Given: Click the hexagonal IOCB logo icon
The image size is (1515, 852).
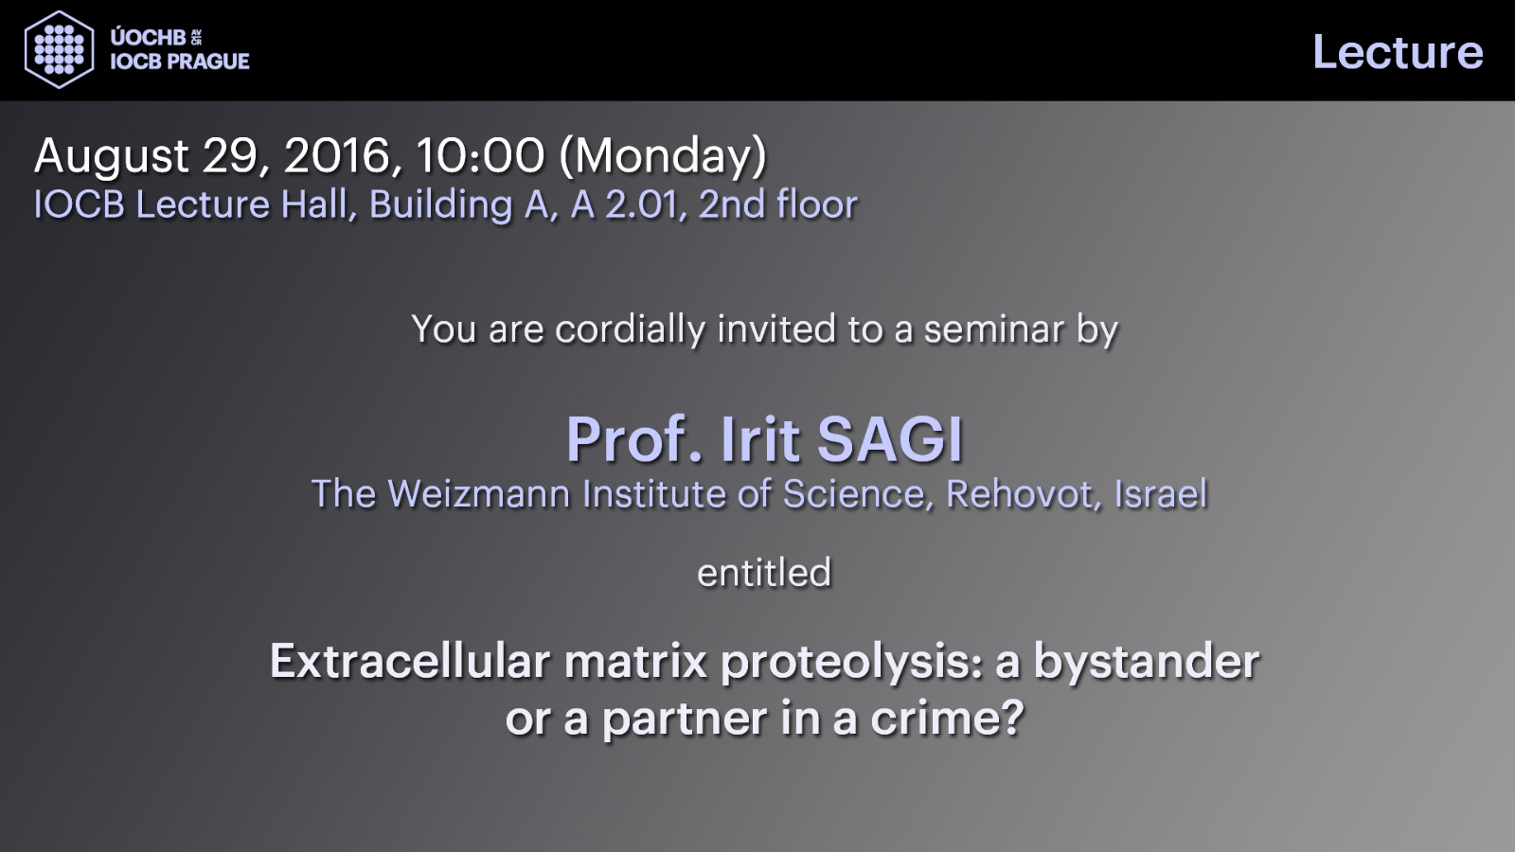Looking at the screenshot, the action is click(x=59, y=49).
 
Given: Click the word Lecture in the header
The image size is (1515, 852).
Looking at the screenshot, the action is click(x=1398, y=52).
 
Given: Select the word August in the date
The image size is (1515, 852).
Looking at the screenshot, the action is click(x=112, y=157).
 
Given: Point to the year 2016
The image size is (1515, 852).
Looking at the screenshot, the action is click(x=337, y=155).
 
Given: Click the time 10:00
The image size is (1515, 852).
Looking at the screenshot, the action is click(x=479, y=155).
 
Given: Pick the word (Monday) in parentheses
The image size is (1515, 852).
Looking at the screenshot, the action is click(x=663, y=157).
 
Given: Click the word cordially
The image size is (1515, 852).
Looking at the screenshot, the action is click(x=631, y=330).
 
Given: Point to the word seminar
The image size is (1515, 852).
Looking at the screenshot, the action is click(x=995, y=330).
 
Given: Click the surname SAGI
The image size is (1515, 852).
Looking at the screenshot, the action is click(x=890, y=439).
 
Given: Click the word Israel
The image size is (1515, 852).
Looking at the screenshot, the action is click(x=1161, y=493).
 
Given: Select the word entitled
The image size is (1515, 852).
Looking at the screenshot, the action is click(x=764, y=573).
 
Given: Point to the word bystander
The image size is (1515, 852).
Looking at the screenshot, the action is click(x=1147, y=661).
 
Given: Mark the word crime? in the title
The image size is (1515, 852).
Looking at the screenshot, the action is click(x=947, y=718).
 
